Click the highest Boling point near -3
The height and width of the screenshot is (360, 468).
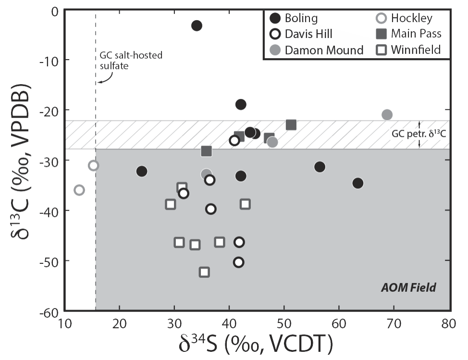tap(197, 25)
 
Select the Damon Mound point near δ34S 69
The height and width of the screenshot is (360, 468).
tap(387, 114)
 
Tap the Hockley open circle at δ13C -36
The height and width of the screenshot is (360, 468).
tap(79, 190)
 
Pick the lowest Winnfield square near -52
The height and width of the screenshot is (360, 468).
tap(204, 272)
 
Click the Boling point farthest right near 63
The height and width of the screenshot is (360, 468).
tap(357, 183)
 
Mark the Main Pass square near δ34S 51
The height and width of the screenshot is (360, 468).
tap(291, 125)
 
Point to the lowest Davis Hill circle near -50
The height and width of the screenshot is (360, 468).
tap(238, 262)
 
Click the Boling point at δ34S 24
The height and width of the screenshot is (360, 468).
tap(141, 171)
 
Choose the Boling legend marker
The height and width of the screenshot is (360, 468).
tap(275, 19)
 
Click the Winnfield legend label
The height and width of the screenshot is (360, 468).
tap(416, 50)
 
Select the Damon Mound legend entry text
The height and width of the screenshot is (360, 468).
tap(324, 50)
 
